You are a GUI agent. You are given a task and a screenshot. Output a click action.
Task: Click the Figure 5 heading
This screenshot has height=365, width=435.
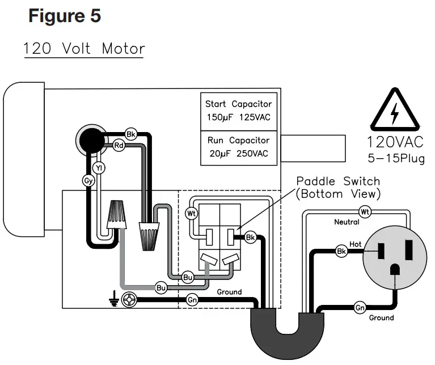pyautogui.click(x=64, y=16)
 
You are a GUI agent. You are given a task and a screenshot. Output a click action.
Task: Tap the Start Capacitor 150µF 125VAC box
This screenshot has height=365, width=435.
pyautogui.click(x=238, y=111)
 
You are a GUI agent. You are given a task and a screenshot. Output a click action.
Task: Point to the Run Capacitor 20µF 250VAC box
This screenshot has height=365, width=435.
pyautogui.click(x=238, y=147)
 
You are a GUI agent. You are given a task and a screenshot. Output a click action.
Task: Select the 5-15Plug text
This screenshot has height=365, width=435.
pyautogui.click(x=395, y=158)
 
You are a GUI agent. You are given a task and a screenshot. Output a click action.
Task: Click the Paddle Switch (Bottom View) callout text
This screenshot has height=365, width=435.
pyautogui.click(x=338, y=188)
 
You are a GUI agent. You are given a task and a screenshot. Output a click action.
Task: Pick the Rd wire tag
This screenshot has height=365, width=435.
pyautogui.click(x=119, y=145)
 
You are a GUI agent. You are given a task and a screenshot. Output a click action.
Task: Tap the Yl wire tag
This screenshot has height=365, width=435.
pyautogui.click(x=98, y=168)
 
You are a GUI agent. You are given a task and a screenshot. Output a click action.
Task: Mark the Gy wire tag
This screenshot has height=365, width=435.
pyautogui.click(x=88, y=181)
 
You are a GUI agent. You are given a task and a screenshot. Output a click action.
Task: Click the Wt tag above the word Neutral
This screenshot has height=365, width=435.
pyautogui.click(x=365, y=212)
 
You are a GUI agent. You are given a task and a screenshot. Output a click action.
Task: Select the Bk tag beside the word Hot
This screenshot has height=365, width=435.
pyautogui.click(x=341, y=251)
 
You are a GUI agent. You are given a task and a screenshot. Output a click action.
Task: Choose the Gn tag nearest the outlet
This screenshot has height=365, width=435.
pyautogui.click(x=360, y=308)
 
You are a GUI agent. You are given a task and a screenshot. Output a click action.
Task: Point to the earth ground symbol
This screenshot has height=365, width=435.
pyautogui.click(x=116, y=300)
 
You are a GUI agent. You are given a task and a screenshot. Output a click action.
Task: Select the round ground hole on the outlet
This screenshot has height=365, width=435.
pyautogui.click(x=393, y=271)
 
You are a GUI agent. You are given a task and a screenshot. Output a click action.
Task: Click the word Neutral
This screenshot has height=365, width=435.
pyautogui.click(x=347, y=222)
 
